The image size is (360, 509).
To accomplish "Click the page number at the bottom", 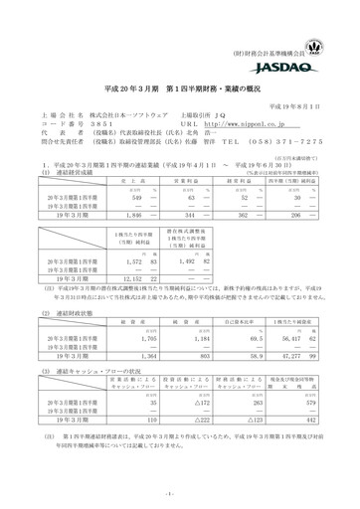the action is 179,493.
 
